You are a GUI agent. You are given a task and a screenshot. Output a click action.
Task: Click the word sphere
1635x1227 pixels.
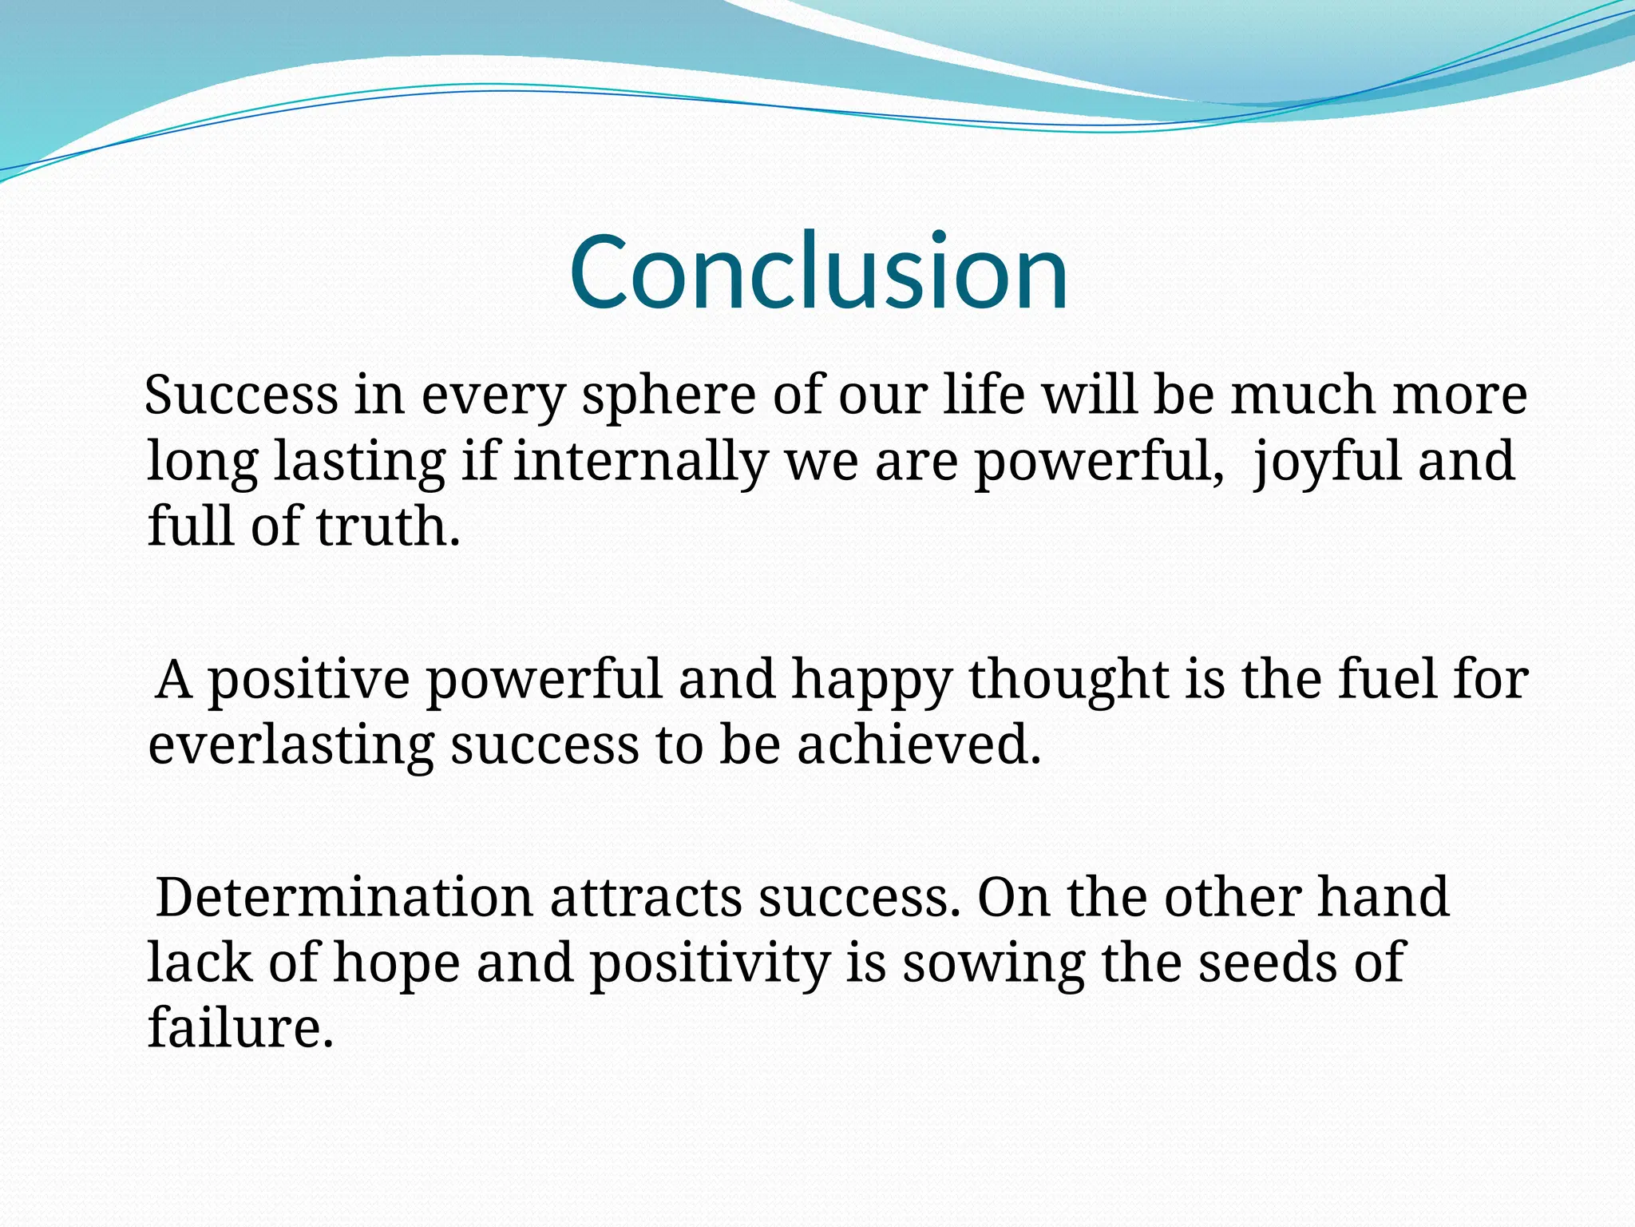pyautogui.click(x=667, y=396)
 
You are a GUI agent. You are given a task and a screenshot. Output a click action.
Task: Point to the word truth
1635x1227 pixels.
pyautogui.click(x=388, y=527)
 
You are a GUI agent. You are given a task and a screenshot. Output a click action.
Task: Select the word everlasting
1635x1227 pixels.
pyautogui.click(x=291, y=745)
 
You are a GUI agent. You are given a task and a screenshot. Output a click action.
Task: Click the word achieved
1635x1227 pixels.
pyautogui.click(x=919, y=745)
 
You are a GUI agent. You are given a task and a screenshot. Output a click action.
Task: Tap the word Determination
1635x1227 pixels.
pyautogui.click(x=344, y=898)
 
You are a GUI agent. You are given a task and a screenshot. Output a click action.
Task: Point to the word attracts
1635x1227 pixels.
pyautogui.click(x=646, y=898)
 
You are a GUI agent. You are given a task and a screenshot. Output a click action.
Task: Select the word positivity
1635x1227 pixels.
pyautogui.click(x=710, y=963)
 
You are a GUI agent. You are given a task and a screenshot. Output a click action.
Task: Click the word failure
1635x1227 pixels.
pyautogui.click(x=240, y=1029)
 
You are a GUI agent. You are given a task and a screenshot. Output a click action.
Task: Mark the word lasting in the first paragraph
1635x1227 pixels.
pyautogui.click(x=359, y=462)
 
